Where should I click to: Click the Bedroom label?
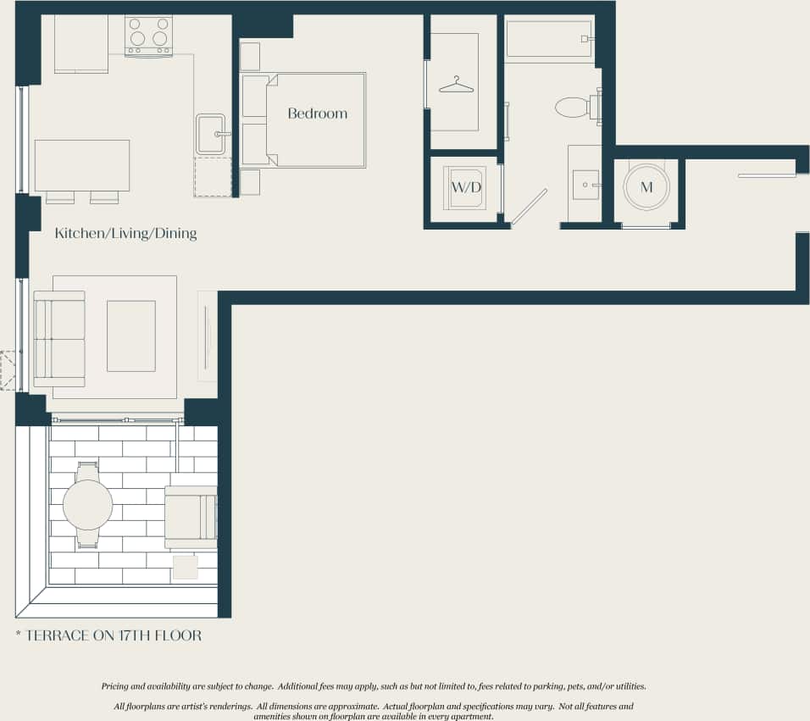(x=317, y=114)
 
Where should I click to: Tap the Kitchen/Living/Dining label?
(x=125, y=233)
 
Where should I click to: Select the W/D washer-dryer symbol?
(x=463, y=187)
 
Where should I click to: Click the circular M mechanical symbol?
(x=646, y=187)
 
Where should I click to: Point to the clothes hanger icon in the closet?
(x=456, y=85)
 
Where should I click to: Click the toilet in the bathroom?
(x=574, y=107)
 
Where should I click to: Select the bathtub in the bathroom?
(x=548, y=39)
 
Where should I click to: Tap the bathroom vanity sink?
(x=585, y=184)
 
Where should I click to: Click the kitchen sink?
(x=211, y=134)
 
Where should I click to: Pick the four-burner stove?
(x=148, y=35)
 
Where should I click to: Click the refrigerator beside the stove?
(x=81, y=44)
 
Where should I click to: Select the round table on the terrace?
(x=87, y=505)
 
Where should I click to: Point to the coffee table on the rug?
(x=131, y=336)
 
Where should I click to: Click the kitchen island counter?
(x=82, y=165)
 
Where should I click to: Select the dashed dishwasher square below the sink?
(x=213, y=177)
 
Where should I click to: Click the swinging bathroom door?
(x=529, y=207)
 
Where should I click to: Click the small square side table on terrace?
(x=185, y=567)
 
